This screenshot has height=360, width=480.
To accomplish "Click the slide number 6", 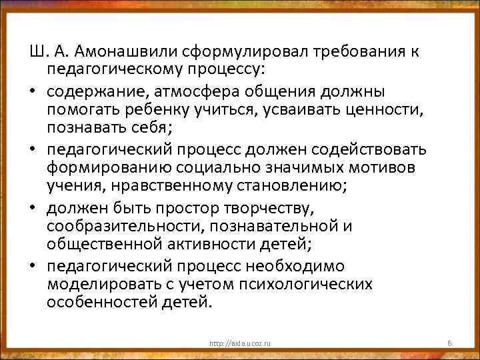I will point(450,343).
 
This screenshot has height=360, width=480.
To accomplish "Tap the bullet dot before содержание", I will point(35,91).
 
